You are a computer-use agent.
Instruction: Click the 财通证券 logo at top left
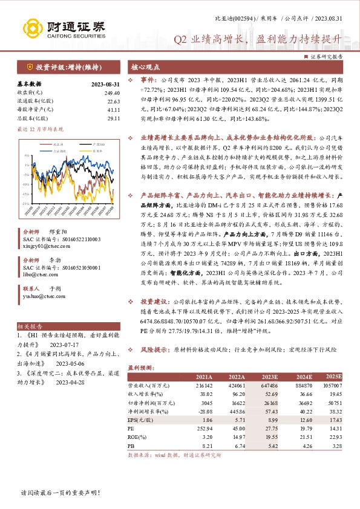pos(64,28)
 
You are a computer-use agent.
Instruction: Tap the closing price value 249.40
pos(112,92)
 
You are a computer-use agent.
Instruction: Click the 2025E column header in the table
pos(334,375)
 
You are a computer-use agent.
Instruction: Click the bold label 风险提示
pos(154,350)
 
